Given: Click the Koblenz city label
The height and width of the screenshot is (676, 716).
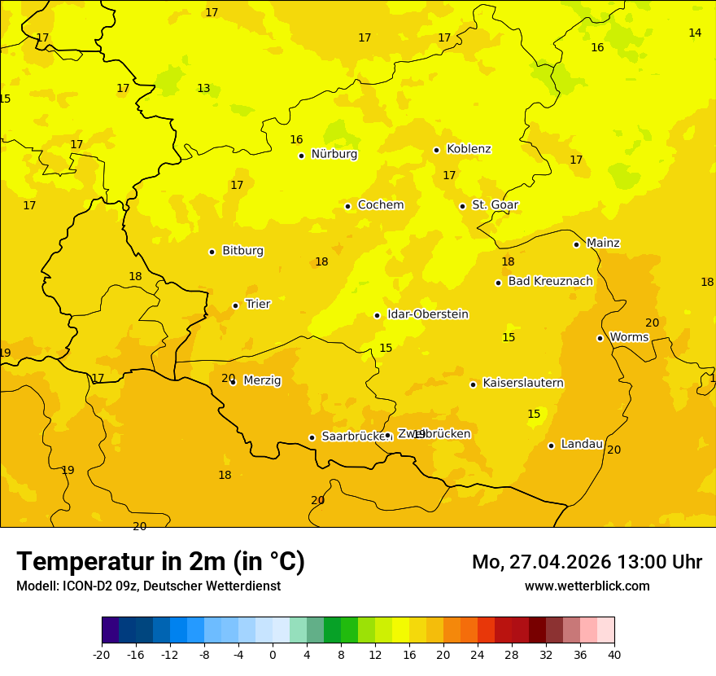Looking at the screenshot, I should click(469, 149).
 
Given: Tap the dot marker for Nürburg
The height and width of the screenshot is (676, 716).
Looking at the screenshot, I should click(301, 156).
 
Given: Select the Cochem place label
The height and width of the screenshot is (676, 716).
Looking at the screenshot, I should click(380, 205).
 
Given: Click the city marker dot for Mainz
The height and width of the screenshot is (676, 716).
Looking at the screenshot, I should click(576, 244).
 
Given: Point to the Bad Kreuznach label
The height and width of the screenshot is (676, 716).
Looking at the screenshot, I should click(550, 282).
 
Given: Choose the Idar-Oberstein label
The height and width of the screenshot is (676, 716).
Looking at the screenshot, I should click(427, 314).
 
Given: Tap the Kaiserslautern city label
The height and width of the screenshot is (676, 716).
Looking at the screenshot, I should click(523, 383).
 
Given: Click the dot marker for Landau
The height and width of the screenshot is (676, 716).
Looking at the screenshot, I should click(551, 446).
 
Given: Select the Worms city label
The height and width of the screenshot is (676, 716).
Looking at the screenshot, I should click(629, 337).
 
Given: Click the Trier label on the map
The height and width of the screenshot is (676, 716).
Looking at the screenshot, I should click(258, 304).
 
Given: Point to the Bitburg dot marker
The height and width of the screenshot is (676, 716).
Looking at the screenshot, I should click(212, 252).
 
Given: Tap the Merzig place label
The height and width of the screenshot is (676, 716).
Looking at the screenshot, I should click(262, 380).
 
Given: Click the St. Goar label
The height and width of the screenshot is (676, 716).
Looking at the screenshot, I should click(495, 205).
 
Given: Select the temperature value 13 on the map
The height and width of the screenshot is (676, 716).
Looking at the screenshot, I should click(203, 89).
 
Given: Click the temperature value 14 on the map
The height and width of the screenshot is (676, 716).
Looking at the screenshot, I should click(695, 33).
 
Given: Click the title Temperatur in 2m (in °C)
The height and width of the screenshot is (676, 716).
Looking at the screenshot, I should click(160, 562).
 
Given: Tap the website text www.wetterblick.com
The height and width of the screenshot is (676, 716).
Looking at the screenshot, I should click(587, 586).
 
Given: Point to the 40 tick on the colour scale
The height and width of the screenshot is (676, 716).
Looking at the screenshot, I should click(614, 654).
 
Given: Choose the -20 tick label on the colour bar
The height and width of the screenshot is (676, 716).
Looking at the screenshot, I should click(102, 654).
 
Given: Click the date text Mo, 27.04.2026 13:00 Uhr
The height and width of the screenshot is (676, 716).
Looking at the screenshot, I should click(587, 562).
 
